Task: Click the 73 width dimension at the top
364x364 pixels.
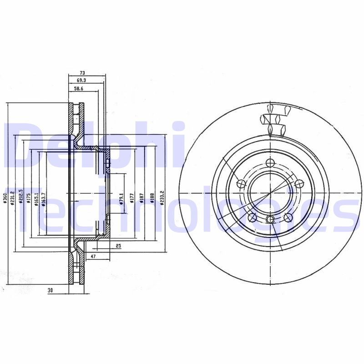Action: coord(83,72)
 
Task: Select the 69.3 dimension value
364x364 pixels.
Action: coord(82,80)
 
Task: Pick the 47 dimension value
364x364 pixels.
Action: coord(93,257)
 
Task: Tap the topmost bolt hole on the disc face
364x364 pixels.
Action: coord(270,164)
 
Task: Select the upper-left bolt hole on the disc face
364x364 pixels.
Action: coord(242,184)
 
